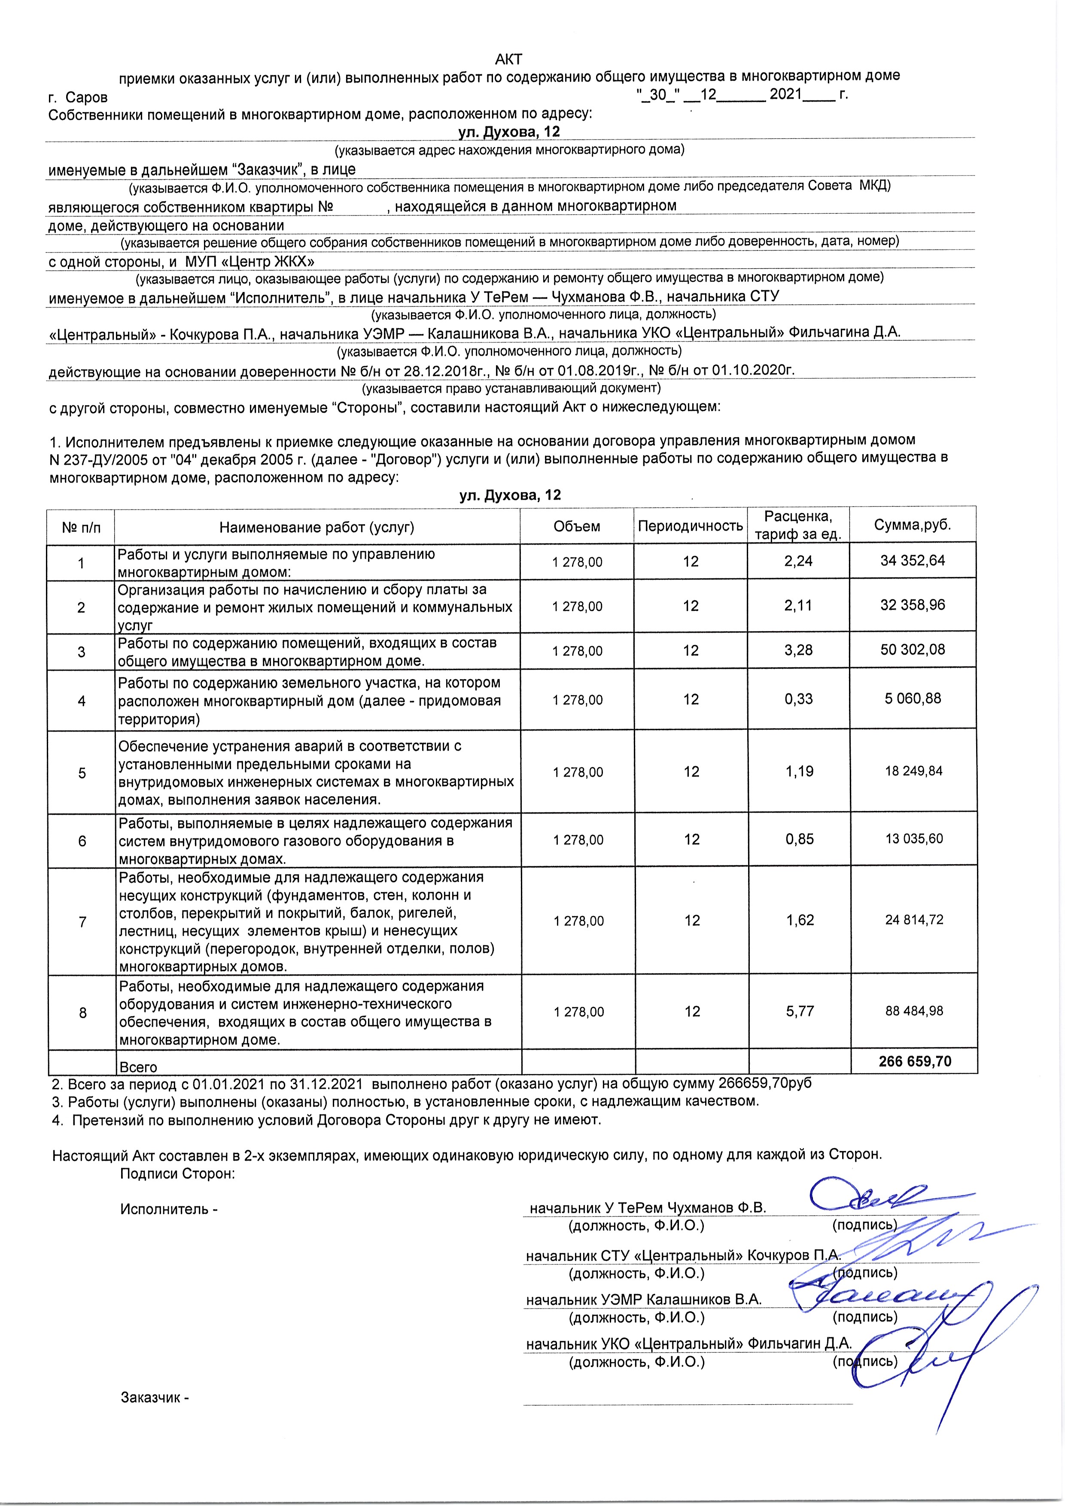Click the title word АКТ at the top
point(508,60)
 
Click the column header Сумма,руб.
point(912,525)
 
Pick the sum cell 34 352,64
point(912,561)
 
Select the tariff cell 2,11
point(798,605)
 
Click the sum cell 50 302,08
point(912,650)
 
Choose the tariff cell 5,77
point(800,1011)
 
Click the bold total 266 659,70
point(915,1061)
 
